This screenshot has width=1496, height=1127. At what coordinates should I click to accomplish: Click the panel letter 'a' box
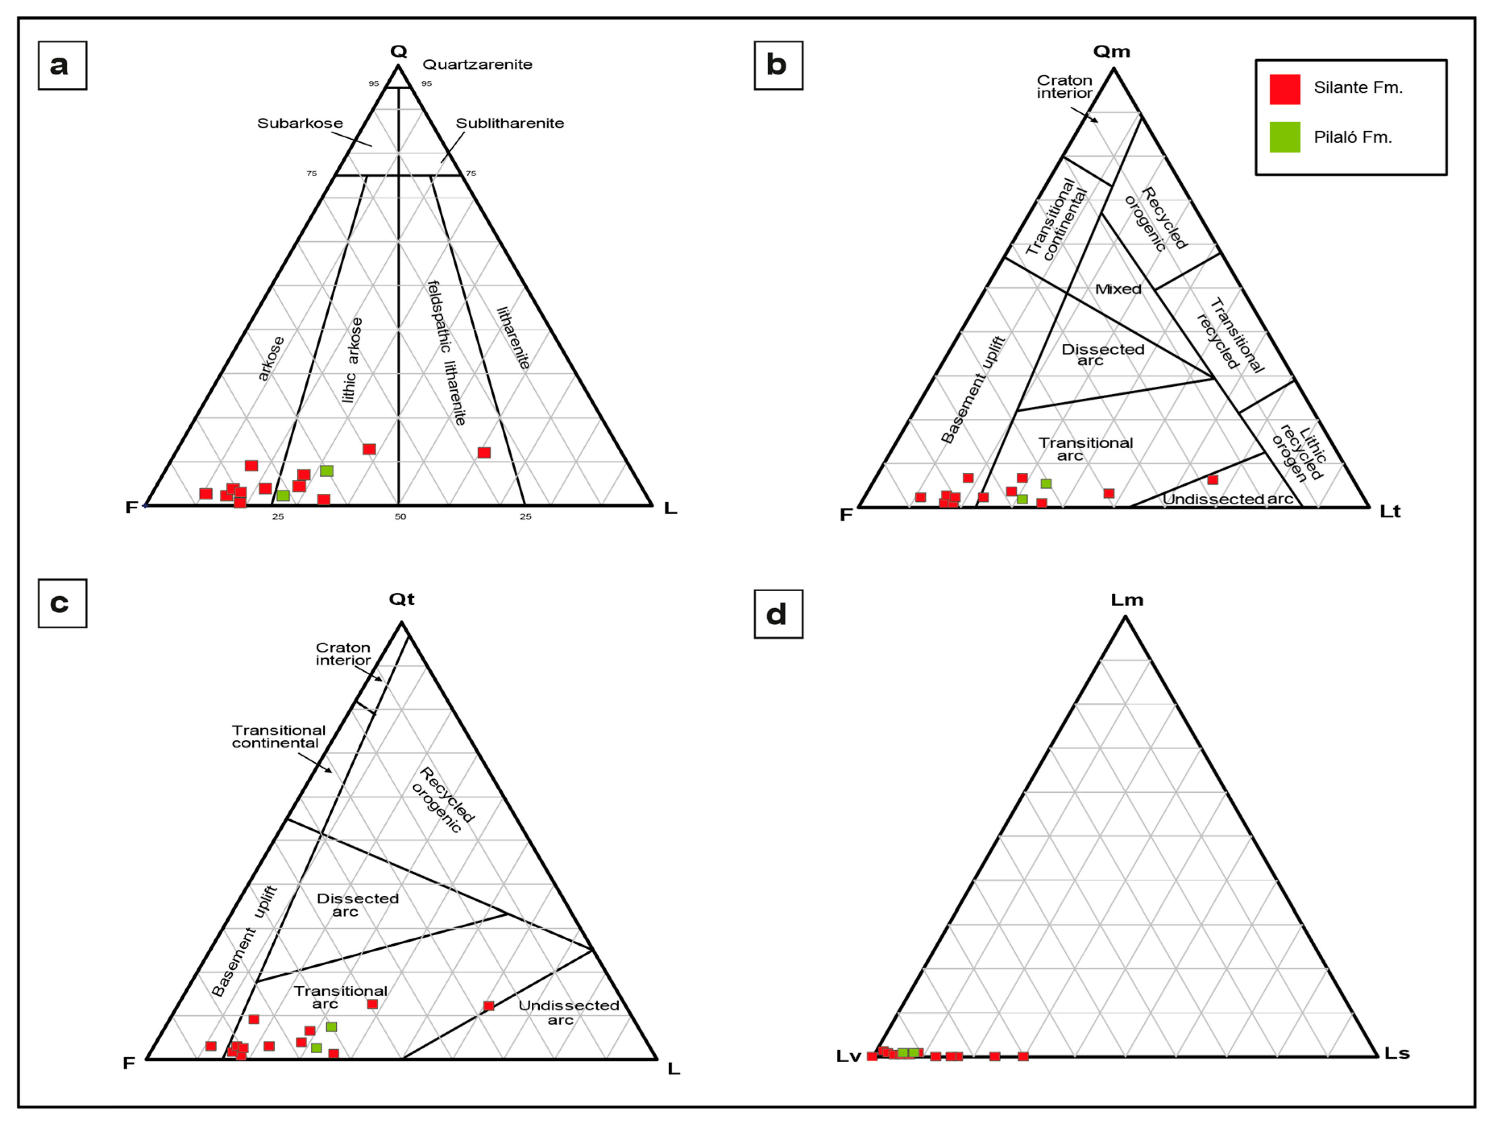(62, 66)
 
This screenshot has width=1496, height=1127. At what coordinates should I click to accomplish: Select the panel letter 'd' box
(779, 614)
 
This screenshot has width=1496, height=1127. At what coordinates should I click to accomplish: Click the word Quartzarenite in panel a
(477, 65)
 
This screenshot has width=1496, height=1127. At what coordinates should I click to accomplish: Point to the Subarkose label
(300, 123)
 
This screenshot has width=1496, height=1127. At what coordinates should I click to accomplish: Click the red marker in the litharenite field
(484, 453)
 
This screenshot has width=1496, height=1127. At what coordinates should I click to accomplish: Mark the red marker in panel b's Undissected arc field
(1212, 480)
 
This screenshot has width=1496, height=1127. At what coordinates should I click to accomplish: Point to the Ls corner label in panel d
(1397, 1053)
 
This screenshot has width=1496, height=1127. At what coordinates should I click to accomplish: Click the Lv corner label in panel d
(848, 1057)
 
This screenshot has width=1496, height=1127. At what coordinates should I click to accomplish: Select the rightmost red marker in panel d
(1023, 1057)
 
